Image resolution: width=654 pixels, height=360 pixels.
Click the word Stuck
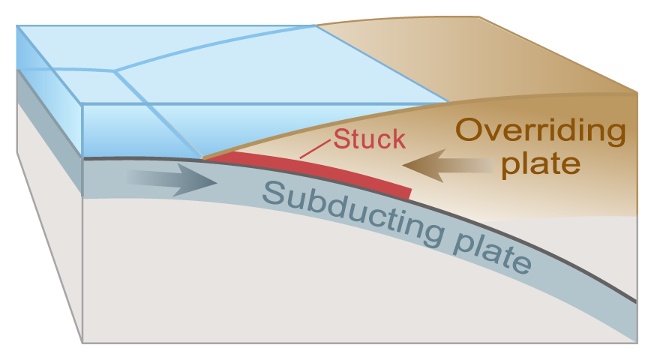tap(369, 139)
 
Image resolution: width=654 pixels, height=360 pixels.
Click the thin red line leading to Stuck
tap(315, 149)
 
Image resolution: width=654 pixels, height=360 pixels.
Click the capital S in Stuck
tap(342, 139)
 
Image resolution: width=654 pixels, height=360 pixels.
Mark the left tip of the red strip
tap(207, 158)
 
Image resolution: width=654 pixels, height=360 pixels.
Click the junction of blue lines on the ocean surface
tap(115, 71)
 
